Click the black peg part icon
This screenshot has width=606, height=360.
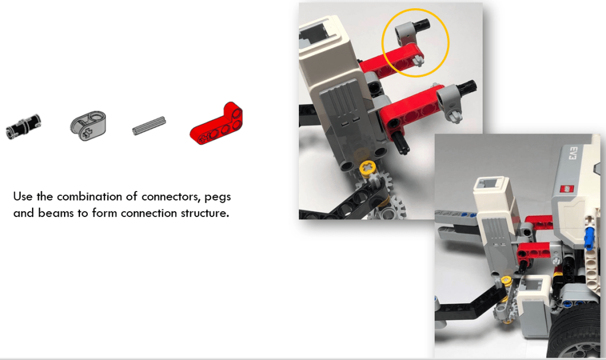(x=23, y=126)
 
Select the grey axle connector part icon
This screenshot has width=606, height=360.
(x=88, y=126)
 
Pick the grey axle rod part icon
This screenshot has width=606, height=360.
(x=149, y=126)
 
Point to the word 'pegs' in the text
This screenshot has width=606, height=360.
(x=218, y=197)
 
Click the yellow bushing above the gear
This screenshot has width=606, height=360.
(x=368, y=167)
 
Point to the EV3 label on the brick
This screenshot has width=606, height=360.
(x=573, y=154)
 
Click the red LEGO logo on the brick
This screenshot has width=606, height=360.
(x=567, y=189)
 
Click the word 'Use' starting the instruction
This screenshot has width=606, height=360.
(x=23, y=196)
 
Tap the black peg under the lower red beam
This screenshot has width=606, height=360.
(x=401, y=143)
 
